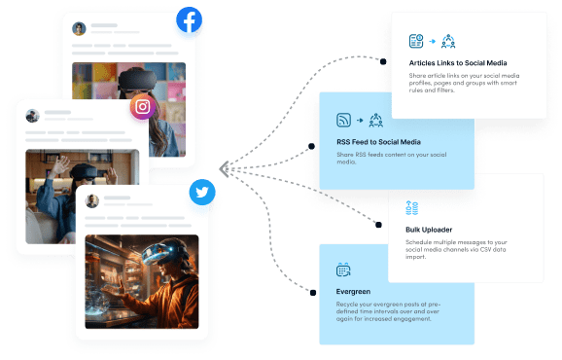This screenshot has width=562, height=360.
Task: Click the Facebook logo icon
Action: pyautogui.click(x=189, y=20)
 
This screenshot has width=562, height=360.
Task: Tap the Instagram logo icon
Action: pyautogui.click(x=143, y=107)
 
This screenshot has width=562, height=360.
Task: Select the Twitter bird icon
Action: pyautogui.click(x=202, y=193)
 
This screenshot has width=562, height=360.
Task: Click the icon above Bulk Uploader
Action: pyautogui.click(x=411, y=207)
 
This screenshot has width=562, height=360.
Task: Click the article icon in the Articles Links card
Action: pyautogui.click(x=415, y=41)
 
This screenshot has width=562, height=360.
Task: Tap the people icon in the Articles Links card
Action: pyautogui.click(x=448, y=41)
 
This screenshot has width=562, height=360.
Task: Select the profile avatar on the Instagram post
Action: pyautogui.click(x=33, y=116)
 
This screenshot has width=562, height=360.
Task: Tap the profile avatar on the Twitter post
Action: pyautogui.click(x=93, y=201)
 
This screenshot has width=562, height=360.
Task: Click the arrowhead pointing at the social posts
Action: pyautogui.click(x=224, y=169)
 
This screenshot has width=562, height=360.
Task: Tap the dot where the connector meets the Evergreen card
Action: pyautogui.click(x=311, y=291)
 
